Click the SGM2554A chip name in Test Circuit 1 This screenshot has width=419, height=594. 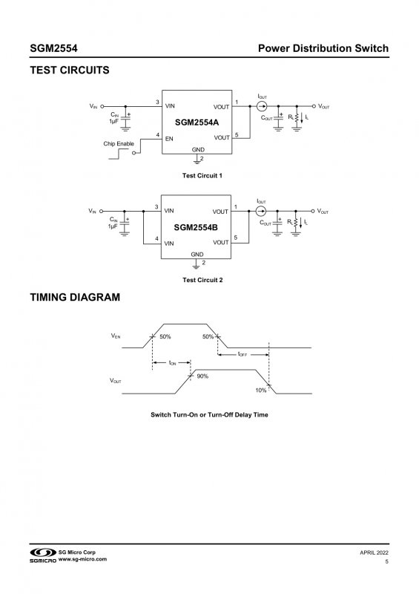pyautogui.click(x=197, y=123)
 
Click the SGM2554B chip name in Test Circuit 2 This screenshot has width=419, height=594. pyautogui.click(x=196, y=227)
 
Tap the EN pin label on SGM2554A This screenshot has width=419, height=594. pyautogui.click(x=169, y=139)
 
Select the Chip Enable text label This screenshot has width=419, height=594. pyautogui.click(x=119, y=143)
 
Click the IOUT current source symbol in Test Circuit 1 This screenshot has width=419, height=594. pyautogui.click(x=262, y=106)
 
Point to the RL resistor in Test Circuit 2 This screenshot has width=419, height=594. pyautogui.click(x=296, y=223)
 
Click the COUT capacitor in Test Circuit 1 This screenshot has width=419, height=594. pyautogui.click(x=278, y=118)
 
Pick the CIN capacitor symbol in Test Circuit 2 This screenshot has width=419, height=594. pyautogui.click(x=125, y=223)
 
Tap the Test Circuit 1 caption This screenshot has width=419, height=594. pyautogui.click(x=202, y=175)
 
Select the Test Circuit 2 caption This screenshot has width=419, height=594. pyautogui.click(x=202, y=280)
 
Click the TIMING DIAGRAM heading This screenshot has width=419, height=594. pyautogui.click(x=75, y=298)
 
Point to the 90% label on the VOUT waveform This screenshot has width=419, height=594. pyautogui.click(x=202, y=376)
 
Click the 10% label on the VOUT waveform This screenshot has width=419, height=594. pyautogui.click(x=261, y=391)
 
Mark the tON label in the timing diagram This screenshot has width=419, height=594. pyautogui.click(x=172, y=363)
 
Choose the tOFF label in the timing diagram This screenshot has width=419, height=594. pyautogui.click(x=243, y=354)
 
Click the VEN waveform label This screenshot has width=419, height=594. pyautogui.click(x=116, y=336)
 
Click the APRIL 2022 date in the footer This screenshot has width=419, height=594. pyautogui.click(x=374, y=552)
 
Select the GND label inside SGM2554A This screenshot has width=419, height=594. pyautogui.click(x=198, y=150)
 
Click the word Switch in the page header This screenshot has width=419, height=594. pyautogui.click(x=372, y=48)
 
